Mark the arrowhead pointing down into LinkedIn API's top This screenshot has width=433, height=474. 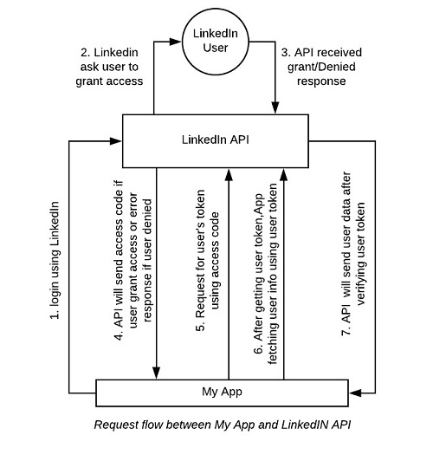275,109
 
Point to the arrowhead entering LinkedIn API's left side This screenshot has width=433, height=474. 117,140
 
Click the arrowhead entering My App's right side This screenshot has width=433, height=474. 351,391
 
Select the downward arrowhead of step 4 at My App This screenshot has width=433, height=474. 158,373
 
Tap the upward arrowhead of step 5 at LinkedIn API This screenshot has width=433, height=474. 229,174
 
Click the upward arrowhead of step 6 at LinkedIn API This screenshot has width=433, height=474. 283,174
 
